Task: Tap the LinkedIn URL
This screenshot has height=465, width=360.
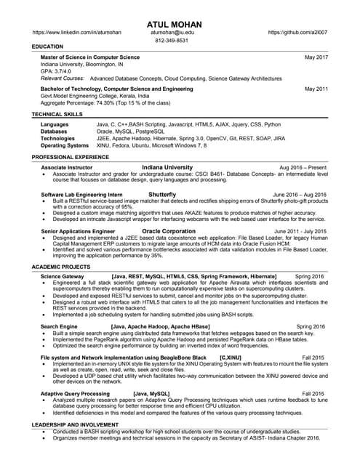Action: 78,33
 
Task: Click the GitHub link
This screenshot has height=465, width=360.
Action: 297,33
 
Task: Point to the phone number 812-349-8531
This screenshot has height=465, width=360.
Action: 172,41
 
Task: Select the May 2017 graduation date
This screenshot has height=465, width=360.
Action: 316,57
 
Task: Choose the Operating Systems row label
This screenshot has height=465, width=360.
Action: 65,145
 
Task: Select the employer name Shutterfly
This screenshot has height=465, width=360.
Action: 162,195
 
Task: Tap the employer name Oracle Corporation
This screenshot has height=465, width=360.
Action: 169,231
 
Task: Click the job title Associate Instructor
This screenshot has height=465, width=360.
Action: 67,168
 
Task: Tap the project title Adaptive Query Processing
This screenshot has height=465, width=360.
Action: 75,393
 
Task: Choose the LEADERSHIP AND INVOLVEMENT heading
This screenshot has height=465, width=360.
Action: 75,424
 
